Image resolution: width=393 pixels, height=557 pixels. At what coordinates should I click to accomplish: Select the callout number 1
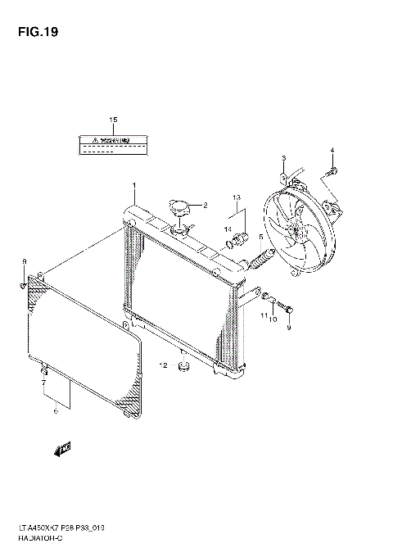(x=133, y=186)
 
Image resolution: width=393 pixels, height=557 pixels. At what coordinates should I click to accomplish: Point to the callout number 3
(x=283, y=158)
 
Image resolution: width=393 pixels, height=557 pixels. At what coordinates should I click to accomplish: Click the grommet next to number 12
(x=184, y=365)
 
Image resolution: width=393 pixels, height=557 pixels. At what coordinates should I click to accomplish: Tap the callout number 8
(x=24, y=261)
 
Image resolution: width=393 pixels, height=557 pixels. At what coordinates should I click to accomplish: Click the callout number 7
(x=43, y=383)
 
